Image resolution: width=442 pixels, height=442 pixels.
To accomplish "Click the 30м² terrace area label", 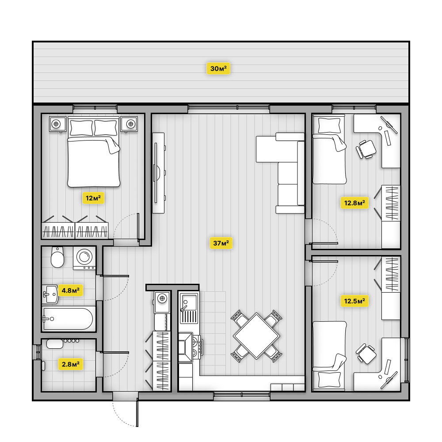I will (218, 69).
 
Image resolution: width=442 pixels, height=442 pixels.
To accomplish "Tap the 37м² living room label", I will (221, 243).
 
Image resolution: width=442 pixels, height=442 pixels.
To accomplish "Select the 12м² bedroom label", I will (93, 198).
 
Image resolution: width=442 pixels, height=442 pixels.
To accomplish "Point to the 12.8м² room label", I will (354, 203).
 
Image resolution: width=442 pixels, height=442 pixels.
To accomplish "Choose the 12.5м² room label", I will (354, 301).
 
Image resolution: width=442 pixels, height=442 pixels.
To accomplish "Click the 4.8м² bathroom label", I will (70, 290).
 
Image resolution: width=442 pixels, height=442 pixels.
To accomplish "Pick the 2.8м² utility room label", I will (70, 364).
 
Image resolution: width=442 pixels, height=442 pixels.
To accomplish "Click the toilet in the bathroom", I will (57, 257).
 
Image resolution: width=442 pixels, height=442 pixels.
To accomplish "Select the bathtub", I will (69, 319).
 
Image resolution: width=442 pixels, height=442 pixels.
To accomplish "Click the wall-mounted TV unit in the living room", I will (158, 173).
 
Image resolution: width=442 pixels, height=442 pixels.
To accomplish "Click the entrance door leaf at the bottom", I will (137, 412).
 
